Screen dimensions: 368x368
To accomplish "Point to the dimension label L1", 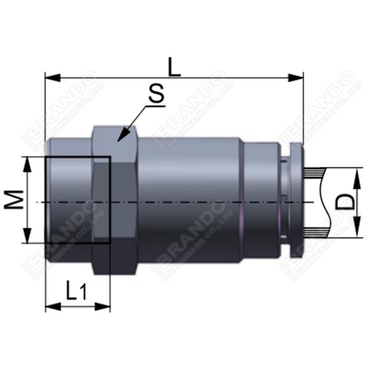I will (x=77, y=291).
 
